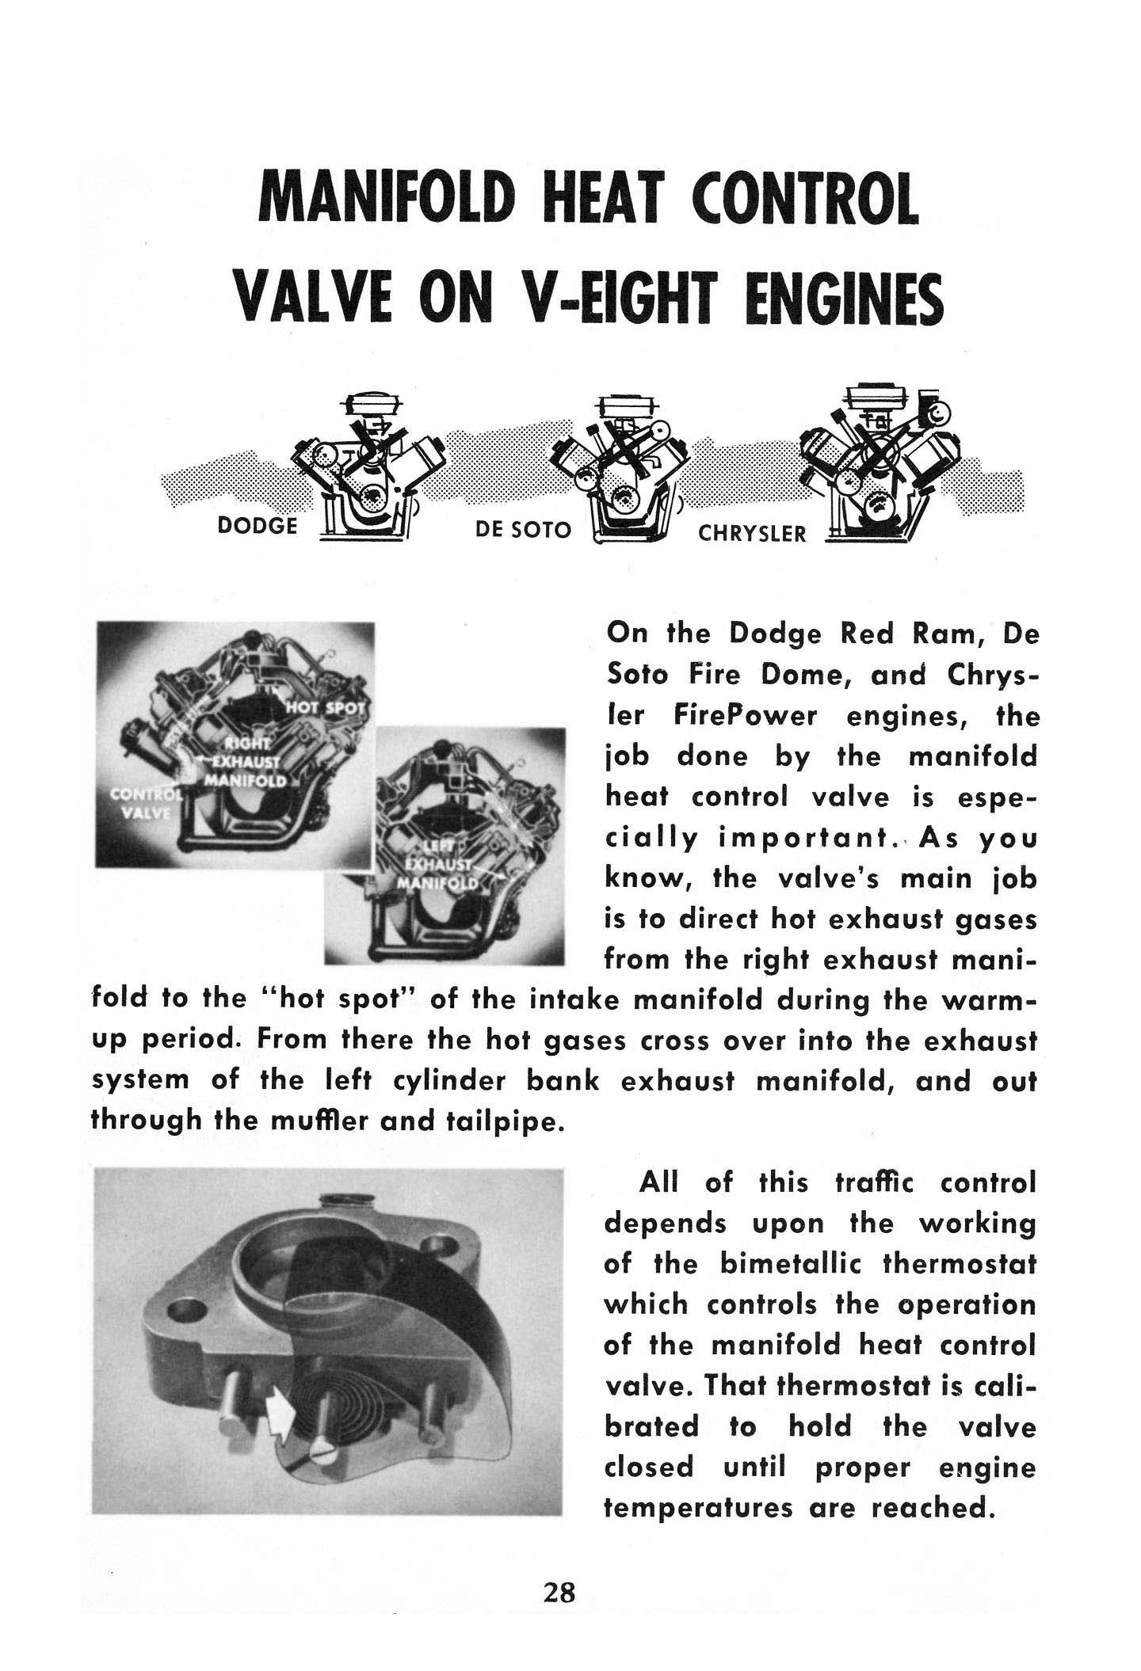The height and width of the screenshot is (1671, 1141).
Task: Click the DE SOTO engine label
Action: [x=522, y=530]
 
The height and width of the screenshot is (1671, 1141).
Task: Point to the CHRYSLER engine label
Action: [x=751, y=535]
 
